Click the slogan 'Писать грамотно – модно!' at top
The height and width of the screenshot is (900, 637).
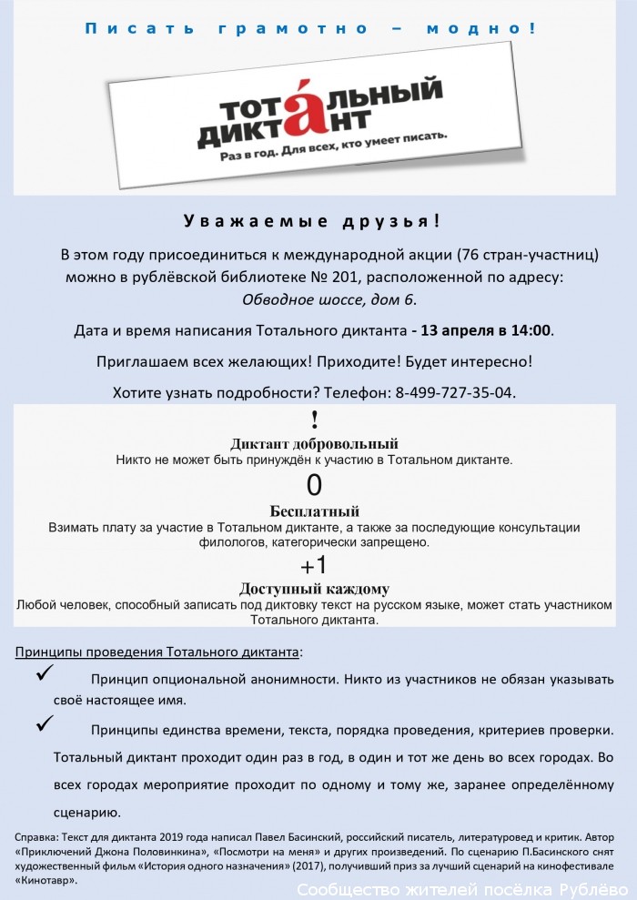tap(310, 28)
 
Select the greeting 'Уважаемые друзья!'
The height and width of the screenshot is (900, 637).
tap(313, 221)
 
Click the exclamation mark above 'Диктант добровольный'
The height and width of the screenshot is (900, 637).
tap(314, 420)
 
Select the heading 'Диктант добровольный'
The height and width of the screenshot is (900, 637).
tap(314, 444)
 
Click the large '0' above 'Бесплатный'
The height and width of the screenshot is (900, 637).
tap(314, 484)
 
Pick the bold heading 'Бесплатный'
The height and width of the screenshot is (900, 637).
tap(314, 511)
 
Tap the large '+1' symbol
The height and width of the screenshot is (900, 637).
tap(314, 564)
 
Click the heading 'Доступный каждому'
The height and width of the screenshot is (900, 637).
tap(314, 589)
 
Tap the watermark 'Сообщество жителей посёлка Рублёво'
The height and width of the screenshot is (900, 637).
tap(463, 890)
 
